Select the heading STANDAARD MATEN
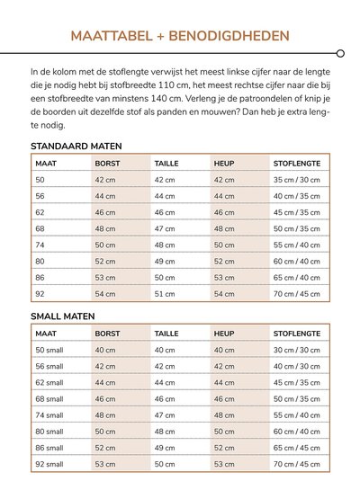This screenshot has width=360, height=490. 76,146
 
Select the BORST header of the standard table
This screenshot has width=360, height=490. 108,163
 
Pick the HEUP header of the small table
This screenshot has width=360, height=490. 224,333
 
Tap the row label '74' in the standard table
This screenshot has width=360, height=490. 40,245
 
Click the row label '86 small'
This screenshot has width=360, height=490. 49,447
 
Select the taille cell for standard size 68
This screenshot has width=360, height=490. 165,228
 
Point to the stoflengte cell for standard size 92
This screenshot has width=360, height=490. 297,293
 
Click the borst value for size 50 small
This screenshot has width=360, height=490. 105,350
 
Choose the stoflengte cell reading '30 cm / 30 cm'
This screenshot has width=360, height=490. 297,350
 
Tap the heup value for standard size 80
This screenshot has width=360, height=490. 224,261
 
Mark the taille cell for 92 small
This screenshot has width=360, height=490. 165,464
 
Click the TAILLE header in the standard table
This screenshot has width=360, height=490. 167,163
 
